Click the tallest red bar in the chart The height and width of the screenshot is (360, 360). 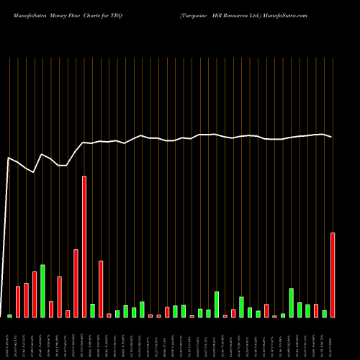[x=84, y=246]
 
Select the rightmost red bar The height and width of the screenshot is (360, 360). [x=333, y=274]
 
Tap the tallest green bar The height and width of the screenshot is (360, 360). [x=42, y=291]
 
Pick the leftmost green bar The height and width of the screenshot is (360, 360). [x=9, y=315]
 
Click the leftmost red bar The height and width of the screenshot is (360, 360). [x=18, y=302]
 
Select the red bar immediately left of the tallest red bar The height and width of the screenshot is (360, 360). [x=76, y=283]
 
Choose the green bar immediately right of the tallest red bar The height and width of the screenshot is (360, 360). [x=92, y=310]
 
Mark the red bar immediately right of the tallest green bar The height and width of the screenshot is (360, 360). [x=51, y=309]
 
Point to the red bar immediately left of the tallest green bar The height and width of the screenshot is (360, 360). [x=35, y=294]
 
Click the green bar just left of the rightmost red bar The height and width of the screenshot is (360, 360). [x=325, y=313]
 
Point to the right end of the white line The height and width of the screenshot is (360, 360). [x=332, y=137]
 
